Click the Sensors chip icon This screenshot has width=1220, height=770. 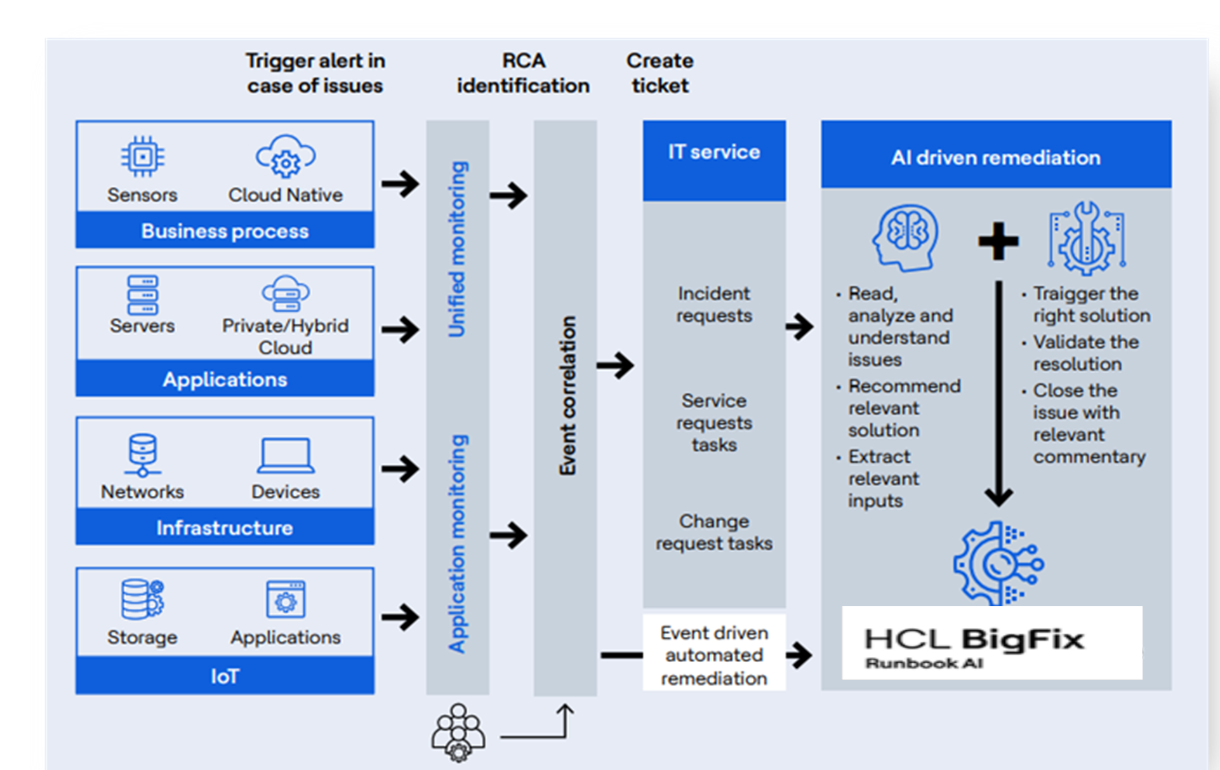click(x=143, y=156)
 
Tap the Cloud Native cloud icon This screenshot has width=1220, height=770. click(x=286, y=156)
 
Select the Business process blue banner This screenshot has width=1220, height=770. click(x=225, y=231)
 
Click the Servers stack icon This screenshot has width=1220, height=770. click(x=143, y=295)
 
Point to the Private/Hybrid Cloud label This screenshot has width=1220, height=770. click(x=285, y=336)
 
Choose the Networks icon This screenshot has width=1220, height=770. click(x=143, y=455)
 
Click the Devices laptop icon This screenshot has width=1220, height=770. click(x=286, y=456)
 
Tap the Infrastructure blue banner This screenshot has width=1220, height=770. click(x=225, y=528)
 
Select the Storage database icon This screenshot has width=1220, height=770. click(x=143, y=599)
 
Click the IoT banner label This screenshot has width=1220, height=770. click(x=225, y=677)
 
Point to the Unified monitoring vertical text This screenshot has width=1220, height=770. click(x=458, y=249)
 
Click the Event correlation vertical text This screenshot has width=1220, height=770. click(x=567, y=395)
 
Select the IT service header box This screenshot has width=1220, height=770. click(x=714, y=160)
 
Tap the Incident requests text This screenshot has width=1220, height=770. click(x=714, y=305)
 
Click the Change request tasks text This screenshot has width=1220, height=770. click(x=714, y=532)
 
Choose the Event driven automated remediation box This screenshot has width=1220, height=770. click(x=714, y=656)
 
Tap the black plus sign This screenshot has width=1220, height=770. click(x=998, y=241)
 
